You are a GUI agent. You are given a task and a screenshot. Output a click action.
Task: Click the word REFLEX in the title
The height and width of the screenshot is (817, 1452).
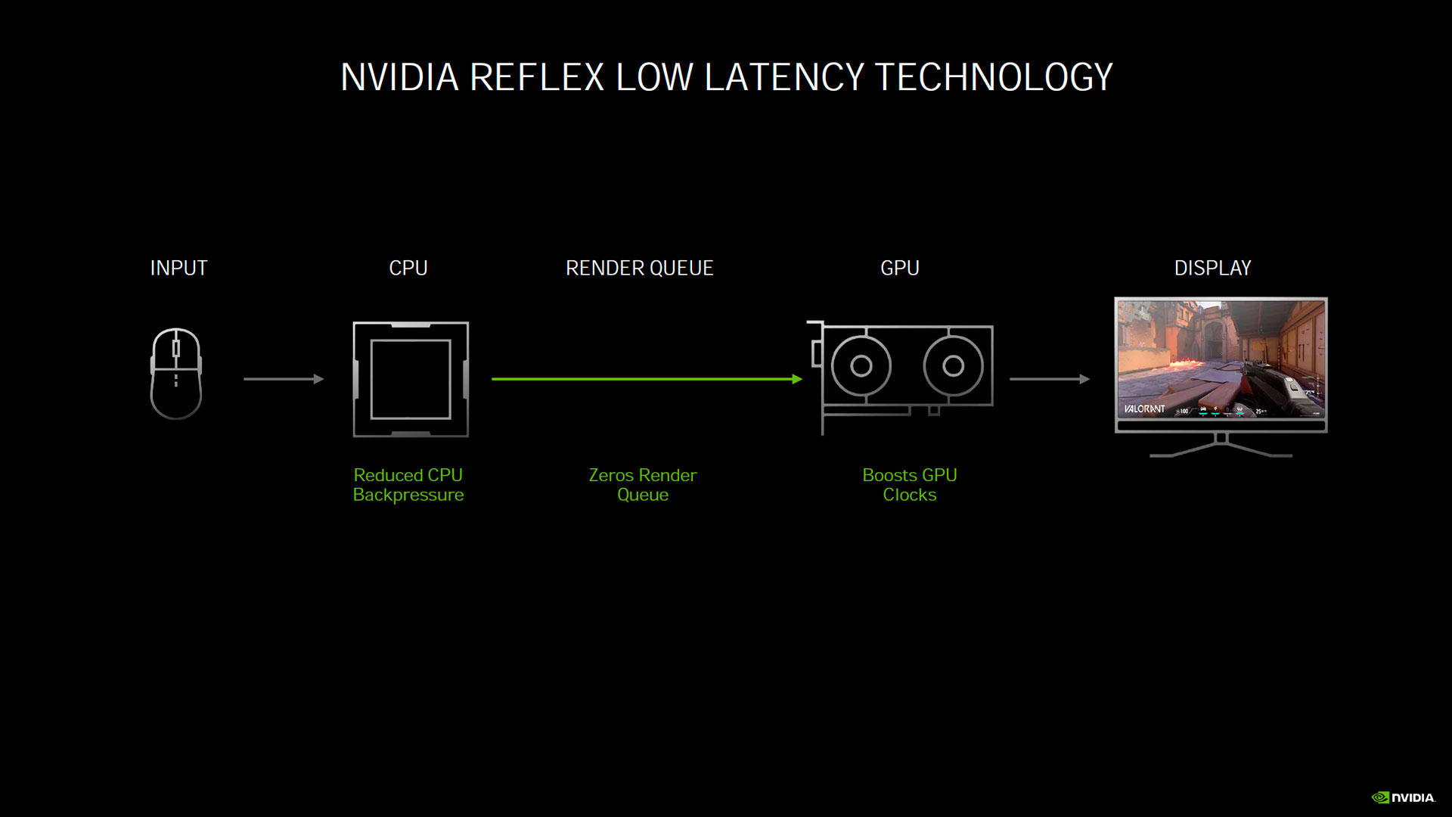[x=536, y=77]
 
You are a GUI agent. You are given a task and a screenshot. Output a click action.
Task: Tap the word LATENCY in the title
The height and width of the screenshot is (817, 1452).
[x=783, y=77]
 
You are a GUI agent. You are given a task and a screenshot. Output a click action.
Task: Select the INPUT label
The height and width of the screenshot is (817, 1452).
[x=178, y=268]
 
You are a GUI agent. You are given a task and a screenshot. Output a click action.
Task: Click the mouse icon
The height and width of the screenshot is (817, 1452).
[x=176, y=374]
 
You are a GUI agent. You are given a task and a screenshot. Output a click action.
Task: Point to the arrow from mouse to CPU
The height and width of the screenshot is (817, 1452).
[x=284, y=379]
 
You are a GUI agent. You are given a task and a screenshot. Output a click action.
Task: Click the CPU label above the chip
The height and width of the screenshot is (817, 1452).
[x=408, y=268]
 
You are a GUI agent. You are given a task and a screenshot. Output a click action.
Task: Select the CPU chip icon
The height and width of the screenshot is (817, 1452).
[x=411, y=379]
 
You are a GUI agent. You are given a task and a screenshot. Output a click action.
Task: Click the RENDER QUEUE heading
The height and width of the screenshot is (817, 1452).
[x=639, y=268]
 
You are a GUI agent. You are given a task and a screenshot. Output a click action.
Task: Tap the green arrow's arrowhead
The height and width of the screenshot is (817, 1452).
[x=797, y=379]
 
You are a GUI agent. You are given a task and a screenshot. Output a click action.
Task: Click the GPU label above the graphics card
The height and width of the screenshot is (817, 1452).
[x=899, y=268]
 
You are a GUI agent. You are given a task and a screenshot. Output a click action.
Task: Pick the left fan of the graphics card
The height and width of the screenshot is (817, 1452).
[x=861, y=366]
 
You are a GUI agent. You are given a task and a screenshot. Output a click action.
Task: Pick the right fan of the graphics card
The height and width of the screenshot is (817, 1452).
[x=954, y=366]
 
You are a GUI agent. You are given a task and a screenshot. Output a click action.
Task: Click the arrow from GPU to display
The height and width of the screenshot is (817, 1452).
[x=1050, y=379]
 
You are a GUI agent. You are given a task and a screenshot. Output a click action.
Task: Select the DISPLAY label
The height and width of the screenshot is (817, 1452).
[x=1212, y=268]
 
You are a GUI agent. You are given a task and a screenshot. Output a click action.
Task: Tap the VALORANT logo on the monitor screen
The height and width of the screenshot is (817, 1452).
[x=1144, y=409]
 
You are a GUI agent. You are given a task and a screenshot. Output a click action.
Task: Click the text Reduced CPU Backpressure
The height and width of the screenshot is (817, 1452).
[x=408, y=485]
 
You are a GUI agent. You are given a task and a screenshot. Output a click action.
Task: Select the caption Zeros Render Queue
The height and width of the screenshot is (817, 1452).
[x=643, y=485]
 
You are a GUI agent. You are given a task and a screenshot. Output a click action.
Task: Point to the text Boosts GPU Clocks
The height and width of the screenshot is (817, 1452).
[x=910, y=485]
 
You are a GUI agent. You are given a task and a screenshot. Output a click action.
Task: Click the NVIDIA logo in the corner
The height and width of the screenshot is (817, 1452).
[x=1404, y=797]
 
